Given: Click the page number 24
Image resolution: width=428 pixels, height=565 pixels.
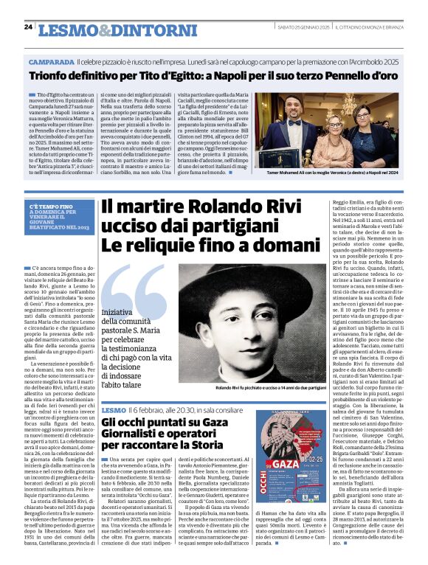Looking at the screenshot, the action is pos(27,27).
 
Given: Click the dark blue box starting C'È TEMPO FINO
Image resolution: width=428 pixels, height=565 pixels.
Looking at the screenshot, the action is pos(63,215).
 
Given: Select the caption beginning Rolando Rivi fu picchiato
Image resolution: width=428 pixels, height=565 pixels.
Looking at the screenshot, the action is pos(269,387).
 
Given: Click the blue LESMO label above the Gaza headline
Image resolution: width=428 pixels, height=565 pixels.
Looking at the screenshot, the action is pos(114,409).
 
